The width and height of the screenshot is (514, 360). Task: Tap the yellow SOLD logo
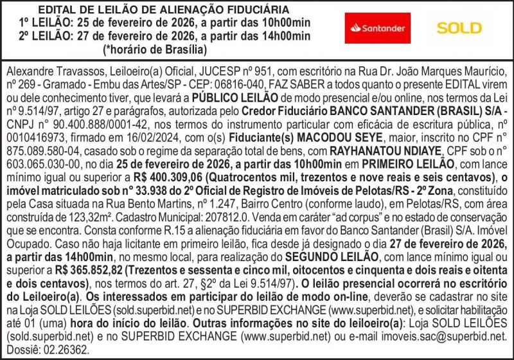pyautogui.click(x=459, y=28)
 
